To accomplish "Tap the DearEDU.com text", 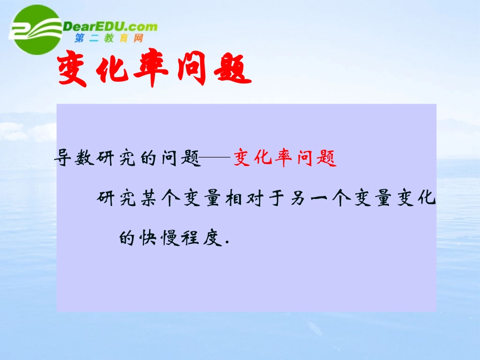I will [110, 26].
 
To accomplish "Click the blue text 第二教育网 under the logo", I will [109, 38].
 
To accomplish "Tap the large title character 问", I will [190, 71].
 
